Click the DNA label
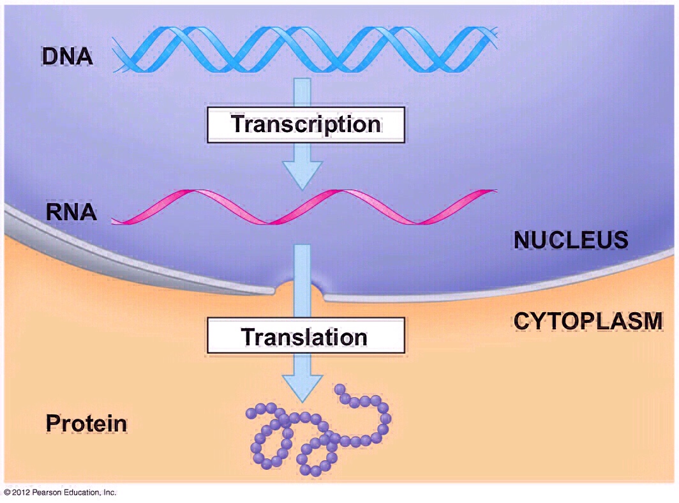pyautogui.click(x=67, y=56)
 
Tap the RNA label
pyautogui.click(x=71, y=212)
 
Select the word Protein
pyautogui.click(x=86, y=423)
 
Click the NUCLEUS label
pyautogui.click(x=571, y=240)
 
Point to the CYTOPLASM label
pyautogui.click(x=588, y=321)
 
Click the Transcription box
pyautogui.click(x=306, y=124)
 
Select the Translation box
pyautogui.click(x=306, y=335)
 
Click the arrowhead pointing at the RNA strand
pyautogui.click(x=302, y=175)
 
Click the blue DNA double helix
pyautogui.click(x=305, y=49)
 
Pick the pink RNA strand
pyautogui.click(x=304, y=207)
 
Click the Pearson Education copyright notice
pyautogui.click(x=60, y=493)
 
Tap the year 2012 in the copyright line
pyautogui.click(x=21, y=493)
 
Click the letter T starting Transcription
pyautogui.click(x=238, y=124)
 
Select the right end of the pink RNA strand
pyautogui.click(x=496, y=191)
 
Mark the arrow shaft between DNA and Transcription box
pyautogui.click(x=302, y=93)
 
